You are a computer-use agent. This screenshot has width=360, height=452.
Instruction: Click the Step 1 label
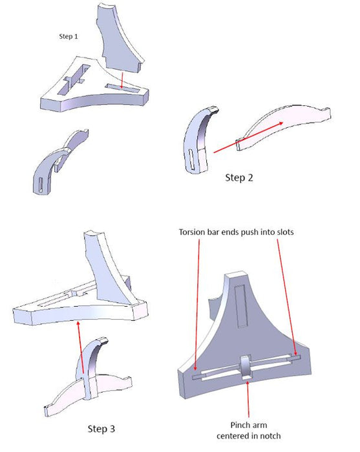point(69,36)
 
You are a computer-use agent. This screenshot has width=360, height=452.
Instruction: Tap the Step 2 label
point(239,178)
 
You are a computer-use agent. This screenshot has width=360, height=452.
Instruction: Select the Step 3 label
point(101,429)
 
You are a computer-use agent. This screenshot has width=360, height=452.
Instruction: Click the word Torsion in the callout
point(191,232)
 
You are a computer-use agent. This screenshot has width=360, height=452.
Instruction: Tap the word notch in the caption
point(271,436)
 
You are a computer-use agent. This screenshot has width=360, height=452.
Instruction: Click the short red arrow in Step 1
point(122,80)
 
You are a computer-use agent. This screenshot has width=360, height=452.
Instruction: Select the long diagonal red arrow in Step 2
point(248,137)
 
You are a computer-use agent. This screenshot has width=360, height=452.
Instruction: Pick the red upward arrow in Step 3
point(81,348)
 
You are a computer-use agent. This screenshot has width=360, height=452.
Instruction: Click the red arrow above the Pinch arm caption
point(248,399)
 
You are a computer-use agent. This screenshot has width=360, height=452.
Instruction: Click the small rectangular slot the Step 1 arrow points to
point(123,88)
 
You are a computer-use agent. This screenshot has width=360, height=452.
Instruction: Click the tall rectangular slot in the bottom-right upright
point(241,306)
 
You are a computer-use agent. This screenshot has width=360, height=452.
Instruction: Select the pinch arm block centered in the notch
point(246,367)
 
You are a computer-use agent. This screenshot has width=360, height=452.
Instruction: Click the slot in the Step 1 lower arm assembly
point(41,185)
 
